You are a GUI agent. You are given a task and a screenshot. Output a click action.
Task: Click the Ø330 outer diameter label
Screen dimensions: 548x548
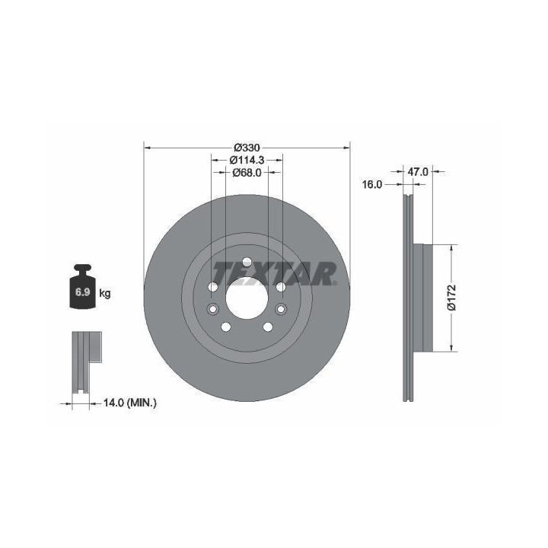point(247,148)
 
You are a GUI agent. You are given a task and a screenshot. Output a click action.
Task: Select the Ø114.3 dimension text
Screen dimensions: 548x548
point(247,160)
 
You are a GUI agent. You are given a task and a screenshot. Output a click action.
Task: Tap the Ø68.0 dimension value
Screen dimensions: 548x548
point(247,172)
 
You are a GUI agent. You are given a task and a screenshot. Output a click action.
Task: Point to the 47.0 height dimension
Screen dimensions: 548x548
point(418,171)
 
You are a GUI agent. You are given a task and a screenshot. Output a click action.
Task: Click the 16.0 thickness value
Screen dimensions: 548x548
point(372,184)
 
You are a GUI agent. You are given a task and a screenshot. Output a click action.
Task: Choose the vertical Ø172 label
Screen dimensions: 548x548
point(451,298)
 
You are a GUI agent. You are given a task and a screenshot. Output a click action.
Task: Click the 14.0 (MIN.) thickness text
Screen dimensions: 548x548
point(130,403)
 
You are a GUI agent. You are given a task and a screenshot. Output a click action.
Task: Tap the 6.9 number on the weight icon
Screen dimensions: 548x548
point(83,292)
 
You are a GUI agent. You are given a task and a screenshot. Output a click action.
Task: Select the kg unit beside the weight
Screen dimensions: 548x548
point(105,293)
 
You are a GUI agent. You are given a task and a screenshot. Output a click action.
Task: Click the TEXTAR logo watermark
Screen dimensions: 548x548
point(274,274)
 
